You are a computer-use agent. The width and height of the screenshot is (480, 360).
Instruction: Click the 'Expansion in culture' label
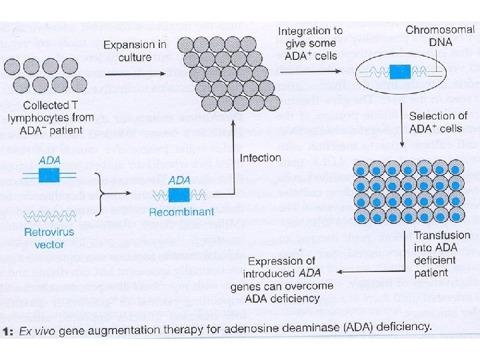pos(135,51)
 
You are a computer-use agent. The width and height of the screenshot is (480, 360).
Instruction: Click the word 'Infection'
pos(261,158)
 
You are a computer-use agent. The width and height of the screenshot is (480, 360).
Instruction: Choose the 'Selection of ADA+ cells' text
pos(437,122)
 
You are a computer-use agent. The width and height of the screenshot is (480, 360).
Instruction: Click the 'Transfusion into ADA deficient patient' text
pos(441,254)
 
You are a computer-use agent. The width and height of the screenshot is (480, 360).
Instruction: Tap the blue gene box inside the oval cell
pos(400,73)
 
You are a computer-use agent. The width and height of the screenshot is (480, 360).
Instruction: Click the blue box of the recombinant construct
pos(178,195)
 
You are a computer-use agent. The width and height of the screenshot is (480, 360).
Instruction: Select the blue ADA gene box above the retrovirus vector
pos(49,176)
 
